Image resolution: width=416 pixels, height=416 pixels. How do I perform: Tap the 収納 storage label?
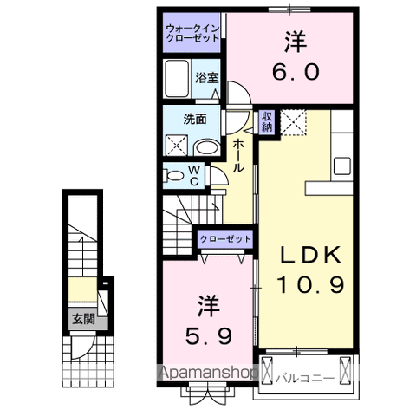[266, 120]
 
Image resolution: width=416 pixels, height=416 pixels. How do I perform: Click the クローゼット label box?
[225, 238]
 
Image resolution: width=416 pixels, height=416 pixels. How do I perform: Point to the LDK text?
[310, 256]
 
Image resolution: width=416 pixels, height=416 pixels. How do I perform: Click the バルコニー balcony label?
[301, 377]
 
